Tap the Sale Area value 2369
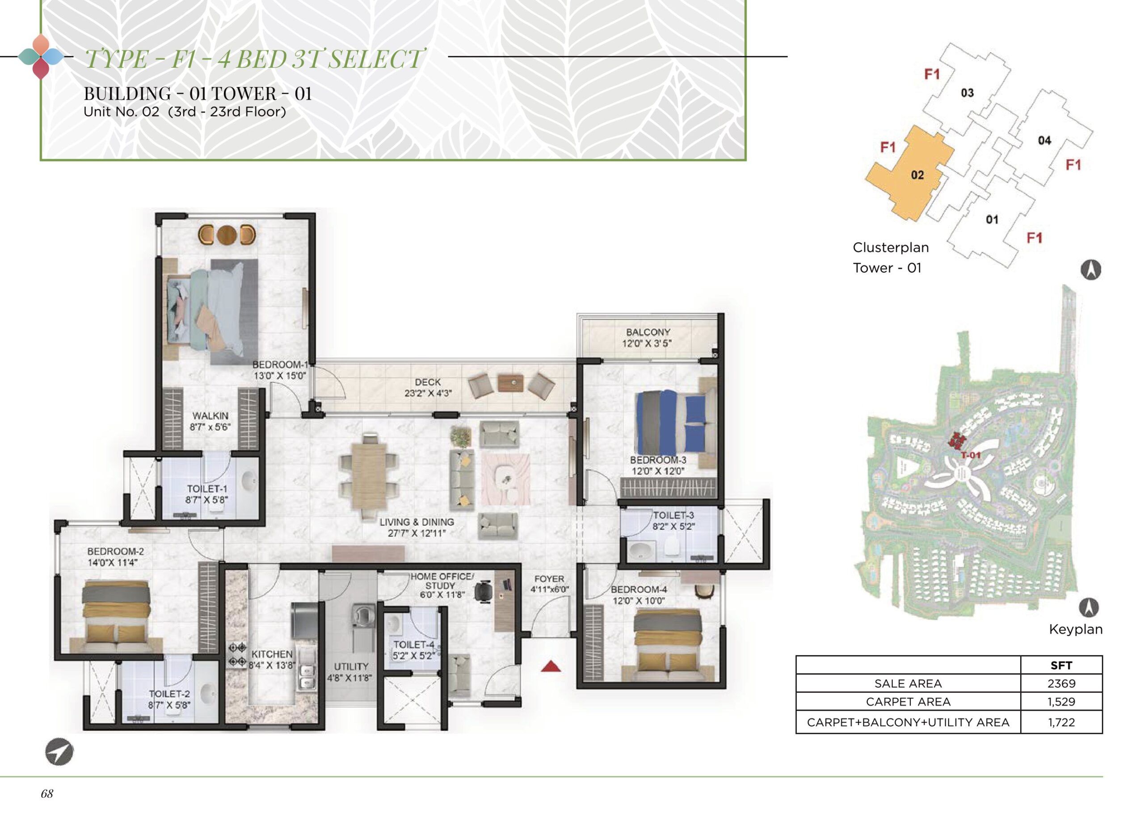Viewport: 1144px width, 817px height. (1061, 683)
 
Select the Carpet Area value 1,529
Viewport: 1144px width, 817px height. (1061, 702)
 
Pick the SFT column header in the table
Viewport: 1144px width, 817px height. (1061, 665)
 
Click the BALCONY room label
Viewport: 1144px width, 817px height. (648, 332)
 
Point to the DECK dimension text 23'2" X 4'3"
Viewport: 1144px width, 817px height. (428, 394)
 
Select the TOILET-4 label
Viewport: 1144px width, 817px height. (414, 645)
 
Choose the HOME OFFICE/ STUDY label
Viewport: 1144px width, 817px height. (442, 581)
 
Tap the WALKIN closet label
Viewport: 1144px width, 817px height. (210, 416)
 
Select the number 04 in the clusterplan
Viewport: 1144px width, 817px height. (1044, 141)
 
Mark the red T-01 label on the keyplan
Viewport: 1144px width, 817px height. (970, 455)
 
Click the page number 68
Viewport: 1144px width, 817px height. (47, 794)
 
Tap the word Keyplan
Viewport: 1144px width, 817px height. (1076, 629)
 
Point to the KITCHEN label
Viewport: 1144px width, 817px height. (272, 654)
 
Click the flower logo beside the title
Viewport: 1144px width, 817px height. (41, 56)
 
